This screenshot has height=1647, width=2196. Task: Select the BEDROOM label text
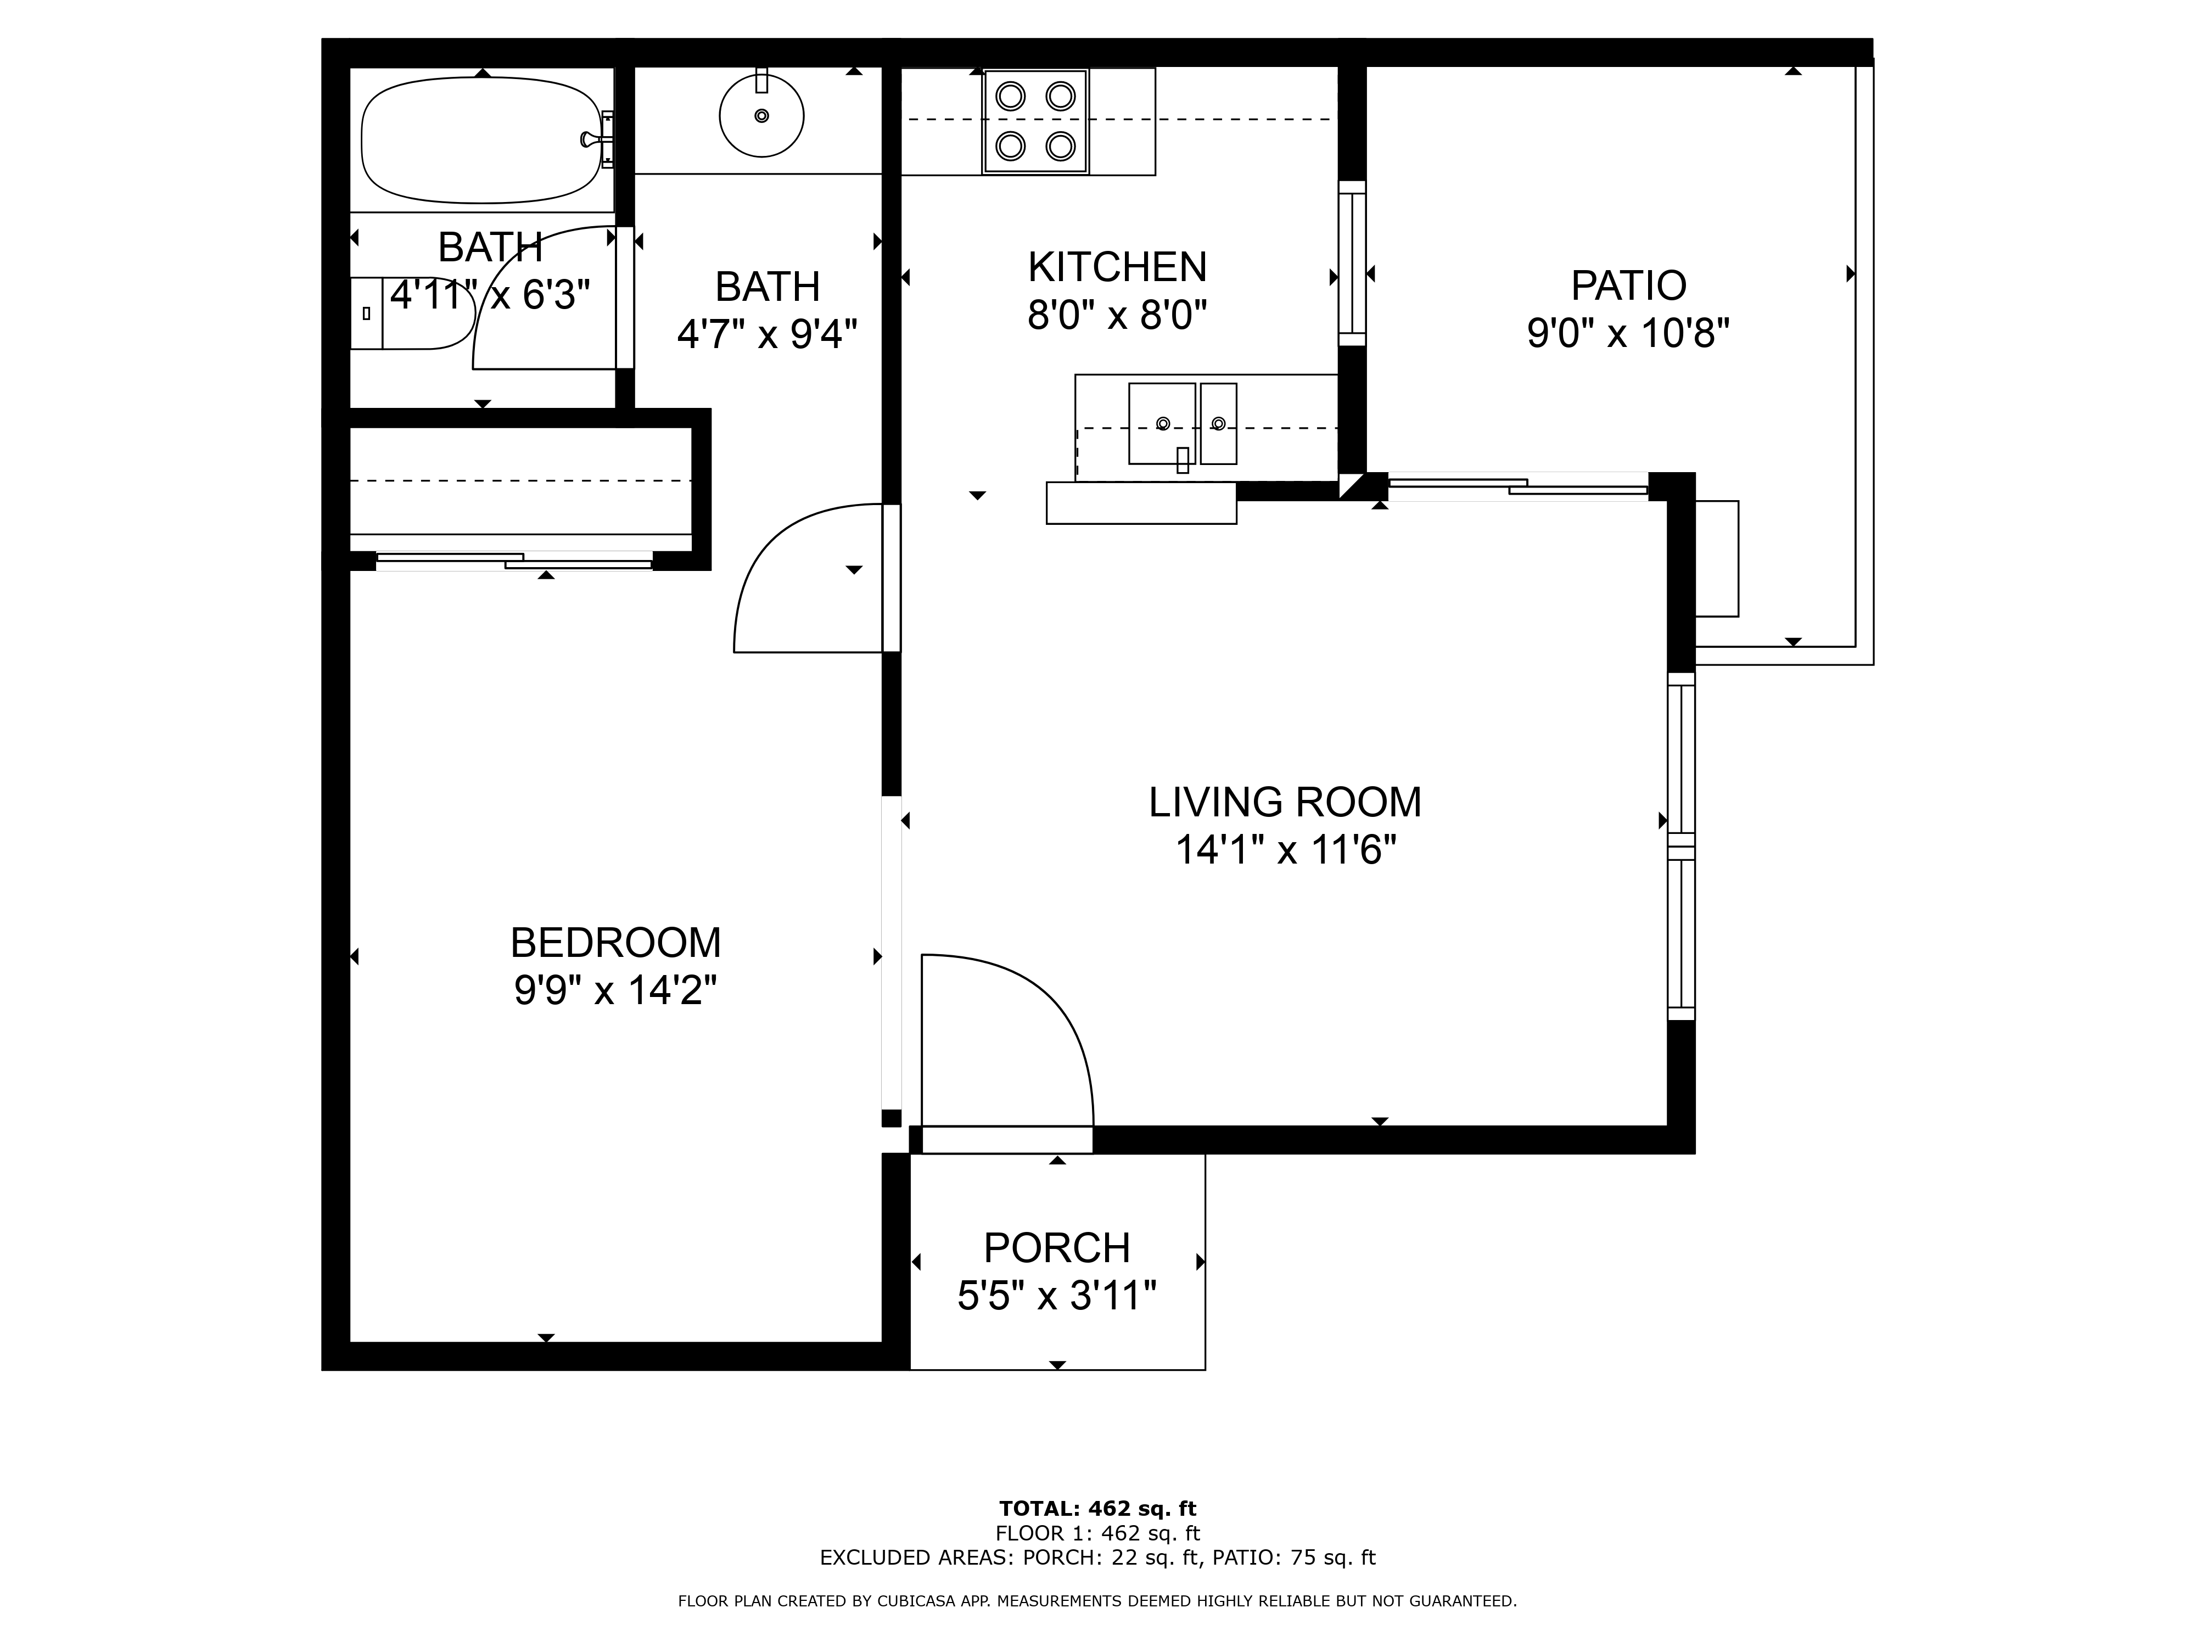coord(615,942)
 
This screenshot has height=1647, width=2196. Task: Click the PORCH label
coord(1057,1247)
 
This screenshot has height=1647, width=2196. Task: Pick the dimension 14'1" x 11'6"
coord(1286,850)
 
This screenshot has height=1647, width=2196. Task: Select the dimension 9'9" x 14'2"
coord(615,990)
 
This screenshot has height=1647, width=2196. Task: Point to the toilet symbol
coord(411,313)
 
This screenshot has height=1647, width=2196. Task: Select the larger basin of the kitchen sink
coord(1162,424)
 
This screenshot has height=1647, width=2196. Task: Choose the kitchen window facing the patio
coord(1352,263)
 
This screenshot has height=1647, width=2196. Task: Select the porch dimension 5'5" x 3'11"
coord(1057,1296)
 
